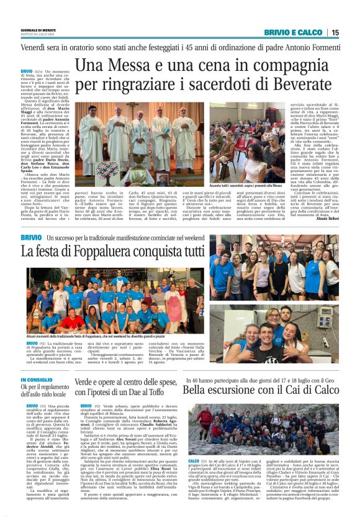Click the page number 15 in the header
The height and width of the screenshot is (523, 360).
click(x=335, y=32)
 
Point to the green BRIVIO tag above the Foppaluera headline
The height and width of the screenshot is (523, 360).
click(x=31, y=239)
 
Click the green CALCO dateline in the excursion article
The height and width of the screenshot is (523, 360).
click(x=194, y=462)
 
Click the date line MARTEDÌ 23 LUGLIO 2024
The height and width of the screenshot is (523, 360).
click(x=39, y=34)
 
